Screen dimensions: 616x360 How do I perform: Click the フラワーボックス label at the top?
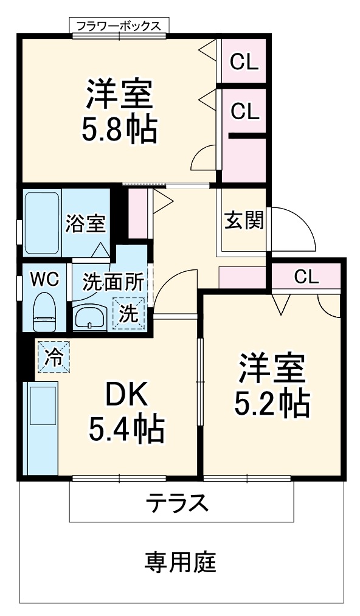pyautogui.click(x=119, y=26)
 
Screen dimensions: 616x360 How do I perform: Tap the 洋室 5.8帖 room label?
pyautogui.click(x=119, y=109)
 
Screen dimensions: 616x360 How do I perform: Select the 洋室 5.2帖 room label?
pyautogui.click(x=272, y=384)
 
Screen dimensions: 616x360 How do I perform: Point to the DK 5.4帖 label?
pyautogui.click(x=126, y=413)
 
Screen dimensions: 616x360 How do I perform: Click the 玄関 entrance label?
pyautogui.click(x=244, y=220)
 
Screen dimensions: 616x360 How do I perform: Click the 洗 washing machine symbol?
pyautogui.click(x=128, y=313)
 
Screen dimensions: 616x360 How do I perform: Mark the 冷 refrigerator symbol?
pyautogui.click(x=54, y=356)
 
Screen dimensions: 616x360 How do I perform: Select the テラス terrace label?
pyautogui.click(x=177, y=504)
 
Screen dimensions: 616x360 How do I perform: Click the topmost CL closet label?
pyautogui.click(x=244, y=61)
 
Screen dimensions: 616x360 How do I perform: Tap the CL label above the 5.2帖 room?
pyautogui.click(x=306, y=277)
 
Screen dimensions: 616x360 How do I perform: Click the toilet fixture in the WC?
pyautogui.click(x=45, y=311)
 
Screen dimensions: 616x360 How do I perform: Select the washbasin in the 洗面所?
pyautogui.click(x=90, y=317)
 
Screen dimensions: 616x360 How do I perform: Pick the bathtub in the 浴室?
pyautogui.click(x=42, y=223)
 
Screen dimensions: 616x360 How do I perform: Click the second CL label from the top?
pyautogui.click(x=244, y=111)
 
